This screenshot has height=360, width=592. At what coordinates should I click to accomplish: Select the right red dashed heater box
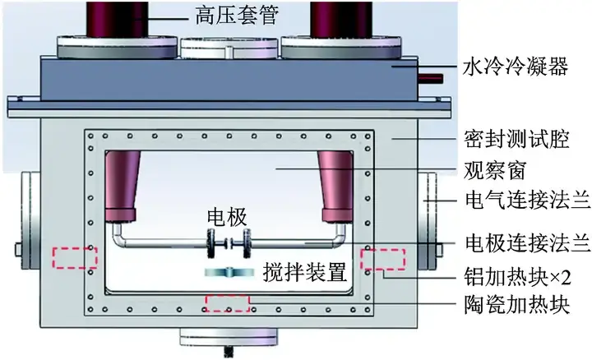tap(382, 258)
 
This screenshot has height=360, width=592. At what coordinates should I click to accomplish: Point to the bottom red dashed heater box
tap(227, 303)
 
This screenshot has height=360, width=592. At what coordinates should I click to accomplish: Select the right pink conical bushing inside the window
tap(338, 186)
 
